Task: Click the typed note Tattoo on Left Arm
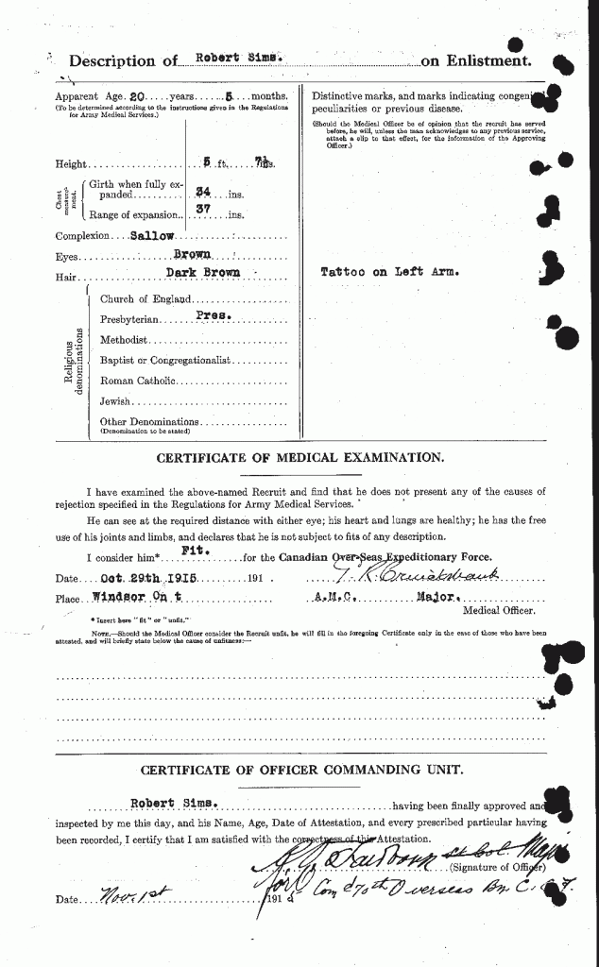[389, 272]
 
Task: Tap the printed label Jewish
[115, 401]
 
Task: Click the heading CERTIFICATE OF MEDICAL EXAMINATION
[299, 457]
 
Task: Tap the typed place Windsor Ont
[139, 598]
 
